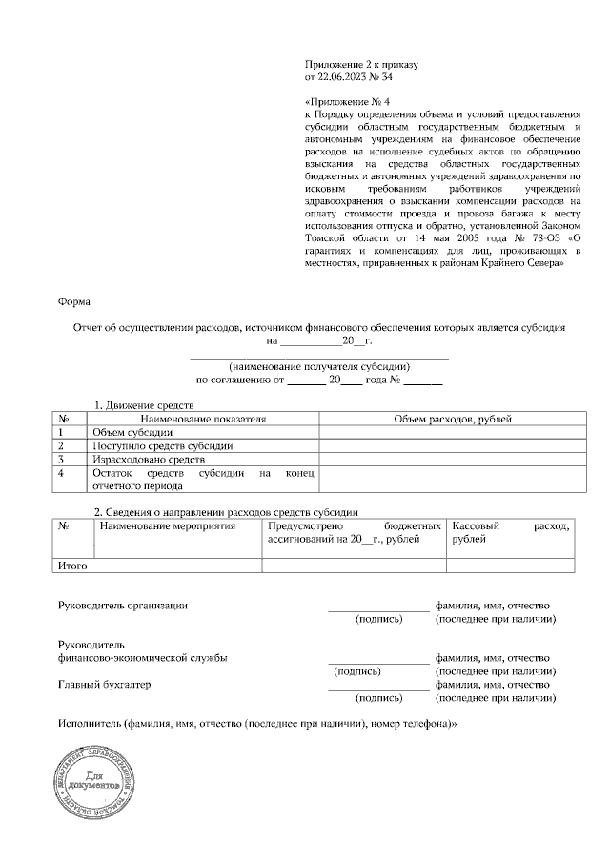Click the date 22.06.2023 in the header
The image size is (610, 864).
pyautogui.click(x=342, y=75)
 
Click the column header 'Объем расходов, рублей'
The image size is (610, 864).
pyautogui.click(x=453, y=419)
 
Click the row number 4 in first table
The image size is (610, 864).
pyautogui.click(x=61, y=472)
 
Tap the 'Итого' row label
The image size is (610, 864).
pyautogui.click(x=73, y=566)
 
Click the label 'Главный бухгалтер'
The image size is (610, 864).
pyautogui.click(x=105, y=684)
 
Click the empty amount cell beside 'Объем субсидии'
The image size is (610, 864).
pyautogui.click(x=453, y=432)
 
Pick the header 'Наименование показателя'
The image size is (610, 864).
pyautogui.click(x=203, y=419)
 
